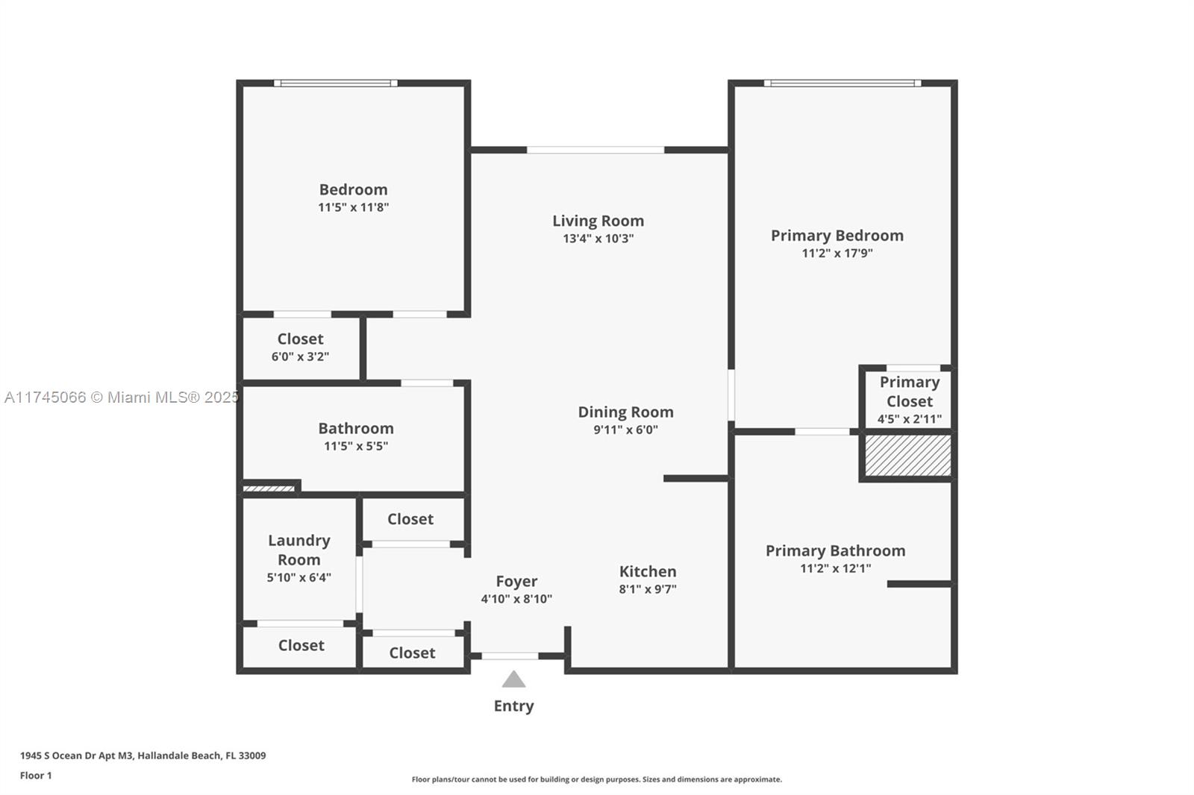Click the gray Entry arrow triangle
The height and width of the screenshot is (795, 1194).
(513, 679)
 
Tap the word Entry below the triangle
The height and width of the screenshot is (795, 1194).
(514, 706)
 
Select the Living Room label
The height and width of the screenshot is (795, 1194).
(598, 221)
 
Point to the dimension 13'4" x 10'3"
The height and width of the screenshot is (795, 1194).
(598, 238)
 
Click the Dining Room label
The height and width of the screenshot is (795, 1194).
(626, 412)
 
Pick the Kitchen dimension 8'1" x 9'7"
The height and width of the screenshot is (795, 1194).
(648, 588)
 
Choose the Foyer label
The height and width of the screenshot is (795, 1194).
(516, 581)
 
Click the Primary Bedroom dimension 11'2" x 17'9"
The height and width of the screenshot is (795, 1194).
(837, 253)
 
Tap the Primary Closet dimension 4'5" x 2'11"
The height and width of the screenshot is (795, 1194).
(910, 419)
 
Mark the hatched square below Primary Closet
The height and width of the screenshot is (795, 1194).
(907, 455)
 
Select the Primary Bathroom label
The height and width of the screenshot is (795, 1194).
(835, 550)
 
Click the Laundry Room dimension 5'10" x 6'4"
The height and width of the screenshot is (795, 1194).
(299, 577)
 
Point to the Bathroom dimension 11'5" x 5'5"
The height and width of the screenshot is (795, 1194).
(356, 446)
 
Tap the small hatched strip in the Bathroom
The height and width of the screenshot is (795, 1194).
(269, 488)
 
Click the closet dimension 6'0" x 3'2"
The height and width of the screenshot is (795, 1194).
(300, 356)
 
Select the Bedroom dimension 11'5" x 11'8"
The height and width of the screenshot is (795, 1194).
(354, 207)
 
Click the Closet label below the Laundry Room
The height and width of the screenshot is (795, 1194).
(301, 645)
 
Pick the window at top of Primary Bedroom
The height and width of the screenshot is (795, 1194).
(843, 83)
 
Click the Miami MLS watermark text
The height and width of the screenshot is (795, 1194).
(122, 397)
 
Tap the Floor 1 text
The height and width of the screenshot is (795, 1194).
(36, 776)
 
